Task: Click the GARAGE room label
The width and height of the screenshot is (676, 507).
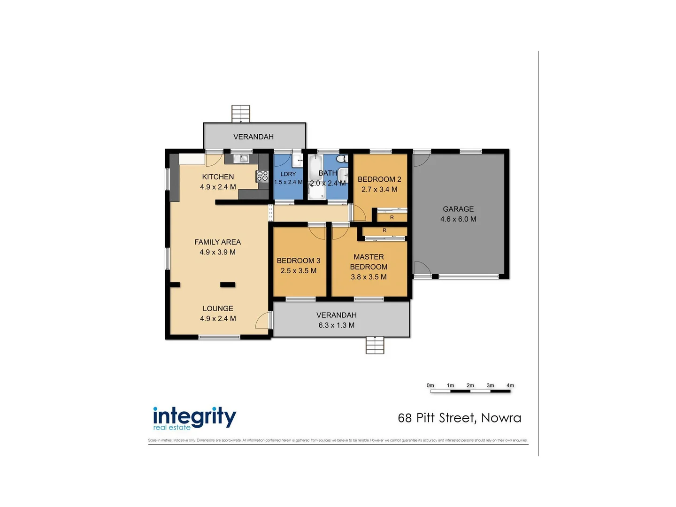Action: tap(458, 209)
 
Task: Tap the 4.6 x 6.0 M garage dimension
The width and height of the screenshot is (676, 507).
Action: tap(458, 219)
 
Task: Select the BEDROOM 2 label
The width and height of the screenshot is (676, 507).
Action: tap(379, 179)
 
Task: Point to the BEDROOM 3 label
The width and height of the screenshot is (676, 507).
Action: tap(299, 261)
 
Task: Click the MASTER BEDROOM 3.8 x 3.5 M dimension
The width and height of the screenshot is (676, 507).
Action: tap(369, 277)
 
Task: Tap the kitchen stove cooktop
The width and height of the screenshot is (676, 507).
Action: tap(262, 177)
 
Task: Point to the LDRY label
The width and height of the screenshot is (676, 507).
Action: tap(288, 174)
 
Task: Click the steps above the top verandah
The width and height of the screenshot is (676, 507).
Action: tap(241, 114)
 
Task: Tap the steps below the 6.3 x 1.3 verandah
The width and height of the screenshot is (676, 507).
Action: tap(375, 345)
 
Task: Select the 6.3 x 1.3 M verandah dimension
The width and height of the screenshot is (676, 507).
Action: tap(337, 325)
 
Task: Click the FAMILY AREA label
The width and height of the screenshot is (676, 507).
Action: tap(218, 242)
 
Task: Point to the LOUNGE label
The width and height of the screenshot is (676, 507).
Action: tap(218, 308)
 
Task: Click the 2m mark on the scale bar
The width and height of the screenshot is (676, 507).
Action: tap(470, 386)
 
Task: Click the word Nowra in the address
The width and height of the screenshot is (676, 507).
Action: tap(501, 418)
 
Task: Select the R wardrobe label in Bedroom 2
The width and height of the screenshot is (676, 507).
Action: tap(392, 217)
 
